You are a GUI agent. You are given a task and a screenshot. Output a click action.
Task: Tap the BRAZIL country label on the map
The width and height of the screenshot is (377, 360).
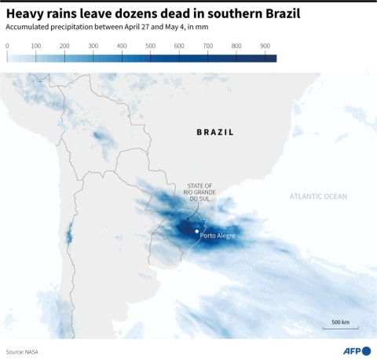[214, 132]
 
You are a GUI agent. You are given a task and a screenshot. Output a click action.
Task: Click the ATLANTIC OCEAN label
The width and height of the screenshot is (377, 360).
[318, 196]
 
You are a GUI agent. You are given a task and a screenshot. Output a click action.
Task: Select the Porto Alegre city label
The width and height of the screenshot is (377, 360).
[218, 236]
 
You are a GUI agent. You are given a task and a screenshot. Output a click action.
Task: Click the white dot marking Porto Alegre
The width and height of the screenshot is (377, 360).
[196, 231]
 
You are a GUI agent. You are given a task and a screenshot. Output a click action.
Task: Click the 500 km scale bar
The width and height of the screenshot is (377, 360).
[340, 329]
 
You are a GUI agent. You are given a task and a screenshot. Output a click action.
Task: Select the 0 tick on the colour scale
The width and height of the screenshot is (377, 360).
[7, 46]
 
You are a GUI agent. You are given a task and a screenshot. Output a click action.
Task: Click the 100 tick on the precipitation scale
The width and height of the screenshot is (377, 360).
[36, 46]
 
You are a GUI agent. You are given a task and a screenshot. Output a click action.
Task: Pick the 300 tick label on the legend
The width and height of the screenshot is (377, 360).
[93, 46]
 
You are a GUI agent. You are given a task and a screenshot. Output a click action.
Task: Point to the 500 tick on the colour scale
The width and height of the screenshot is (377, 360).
[151, 46]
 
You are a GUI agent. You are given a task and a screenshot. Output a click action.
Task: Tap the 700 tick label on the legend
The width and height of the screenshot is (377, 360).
[208, 46]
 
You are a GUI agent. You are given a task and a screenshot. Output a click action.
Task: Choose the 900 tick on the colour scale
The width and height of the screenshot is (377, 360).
[265, 46]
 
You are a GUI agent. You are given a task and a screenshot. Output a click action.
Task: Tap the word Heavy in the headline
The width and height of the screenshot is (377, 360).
[25, 13]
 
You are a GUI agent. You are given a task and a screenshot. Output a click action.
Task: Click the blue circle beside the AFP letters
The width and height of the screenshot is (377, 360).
[366, 351]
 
